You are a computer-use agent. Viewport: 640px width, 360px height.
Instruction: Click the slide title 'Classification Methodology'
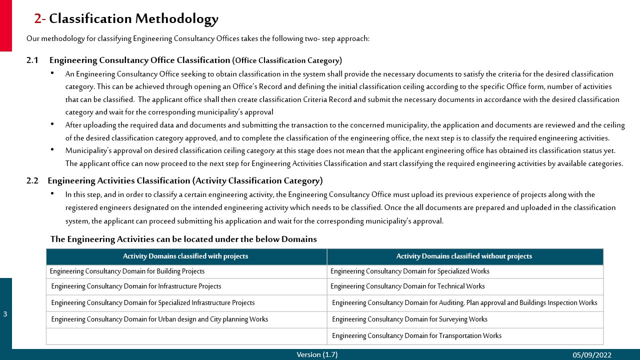(x=133, y=19)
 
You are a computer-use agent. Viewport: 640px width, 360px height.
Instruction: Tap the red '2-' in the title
(x=40, y=19)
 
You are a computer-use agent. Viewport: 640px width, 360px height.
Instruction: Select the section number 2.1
(x=32, y=60)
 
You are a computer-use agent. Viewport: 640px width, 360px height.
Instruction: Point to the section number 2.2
(x=32, y=181)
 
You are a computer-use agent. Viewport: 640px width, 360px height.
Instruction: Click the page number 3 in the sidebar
(x=5, y=314)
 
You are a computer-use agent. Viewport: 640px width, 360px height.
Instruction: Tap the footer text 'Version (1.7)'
(x=317, y=354)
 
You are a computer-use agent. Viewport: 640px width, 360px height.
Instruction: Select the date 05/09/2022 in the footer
(x=592, y=355)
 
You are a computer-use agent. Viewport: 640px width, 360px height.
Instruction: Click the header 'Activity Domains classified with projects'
(x=185, y=256)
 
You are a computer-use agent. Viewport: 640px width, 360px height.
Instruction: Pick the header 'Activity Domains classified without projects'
(x=464, y=256)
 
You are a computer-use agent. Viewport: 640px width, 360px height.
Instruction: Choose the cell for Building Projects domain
(x=127, y=271)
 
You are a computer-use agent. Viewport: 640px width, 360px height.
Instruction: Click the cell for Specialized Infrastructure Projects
(x=152, y=303)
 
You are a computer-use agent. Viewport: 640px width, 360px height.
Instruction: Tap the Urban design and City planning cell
(x=159, y=319)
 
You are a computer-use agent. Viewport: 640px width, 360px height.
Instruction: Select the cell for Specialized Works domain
(x=409, y=271)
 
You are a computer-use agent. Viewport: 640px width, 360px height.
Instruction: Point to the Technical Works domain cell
(x=407, y=286)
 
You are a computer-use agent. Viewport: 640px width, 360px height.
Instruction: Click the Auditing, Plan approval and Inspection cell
(x=464, y=303)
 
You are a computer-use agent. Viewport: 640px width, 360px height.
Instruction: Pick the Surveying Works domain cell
(x=409, y=319)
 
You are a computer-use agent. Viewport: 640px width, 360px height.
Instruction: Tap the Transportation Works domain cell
(x=416, y=336)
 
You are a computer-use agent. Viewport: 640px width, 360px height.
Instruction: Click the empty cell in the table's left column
(x=186, y=336)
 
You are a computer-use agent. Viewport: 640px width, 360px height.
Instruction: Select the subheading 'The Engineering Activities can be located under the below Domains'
(x=183, y=239)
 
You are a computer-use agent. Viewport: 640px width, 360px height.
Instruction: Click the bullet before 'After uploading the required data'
(x=53, y=124)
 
